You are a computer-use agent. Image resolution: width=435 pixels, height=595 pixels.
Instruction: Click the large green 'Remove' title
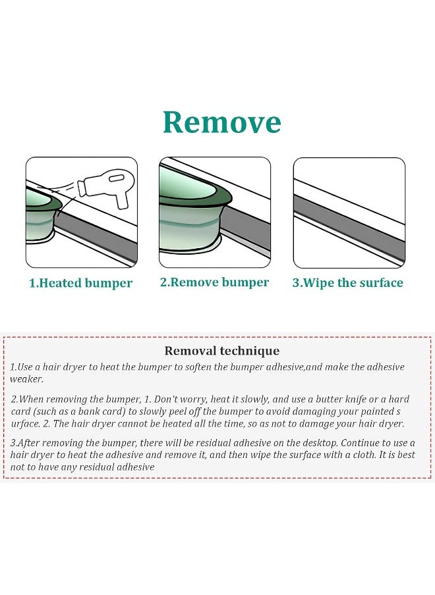click(222, 122)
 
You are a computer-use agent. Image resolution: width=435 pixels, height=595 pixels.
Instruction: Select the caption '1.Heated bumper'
click(80, 283)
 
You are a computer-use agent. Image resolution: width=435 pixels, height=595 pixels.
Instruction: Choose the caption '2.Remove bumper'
click(214, 282)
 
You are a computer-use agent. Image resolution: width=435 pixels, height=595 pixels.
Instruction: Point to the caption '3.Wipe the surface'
click(347, 283)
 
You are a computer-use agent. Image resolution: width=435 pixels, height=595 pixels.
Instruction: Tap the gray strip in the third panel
click(349, 222)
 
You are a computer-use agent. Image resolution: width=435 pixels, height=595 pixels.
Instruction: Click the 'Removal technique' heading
click(222, 351)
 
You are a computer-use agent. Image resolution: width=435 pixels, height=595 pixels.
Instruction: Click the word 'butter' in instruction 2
click(330, 400)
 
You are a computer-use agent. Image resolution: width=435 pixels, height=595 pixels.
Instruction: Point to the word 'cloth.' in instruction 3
click(364, 455)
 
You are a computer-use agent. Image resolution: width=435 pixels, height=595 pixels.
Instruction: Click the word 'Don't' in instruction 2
click(165, 400)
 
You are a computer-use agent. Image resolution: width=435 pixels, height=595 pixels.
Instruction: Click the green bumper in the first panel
click(41, 217)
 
